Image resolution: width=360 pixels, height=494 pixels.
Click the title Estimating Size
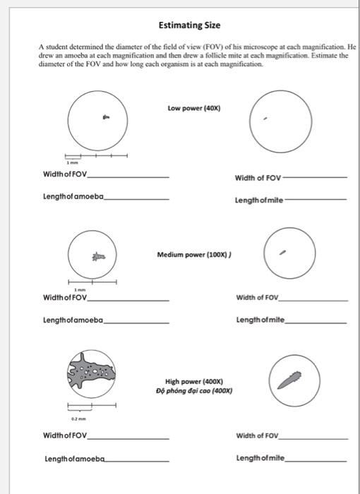(189, 25)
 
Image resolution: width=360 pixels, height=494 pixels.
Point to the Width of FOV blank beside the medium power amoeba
(128, 299)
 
